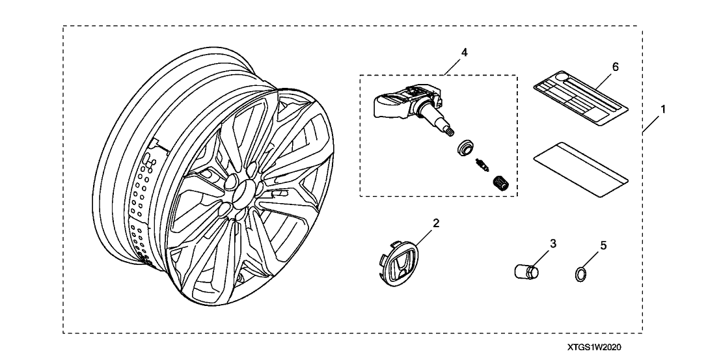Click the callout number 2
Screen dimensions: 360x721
(x=437, y=223)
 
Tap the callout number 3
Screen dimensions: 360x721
(x=553, y=243)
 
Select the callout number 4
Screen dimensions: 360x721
(x=464, y=51)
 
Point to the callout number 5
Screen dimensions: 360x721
(x=603, y=245)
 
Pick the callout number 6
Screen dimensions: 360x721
(x=615, y=66)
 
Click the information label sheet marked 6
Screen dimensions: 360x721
(x=580, y=98)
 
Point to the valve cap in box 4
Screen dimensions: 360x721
(x=502, y=183)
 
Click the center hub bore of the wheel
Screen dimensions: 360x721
(x=243, y=191)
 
